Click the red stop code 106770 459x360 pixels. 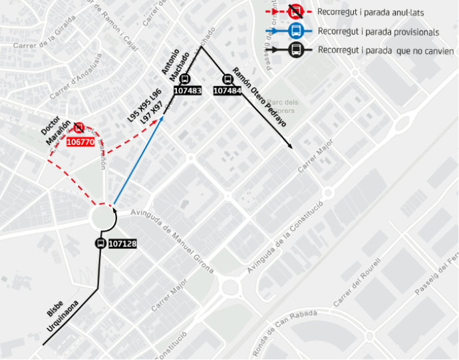coord(80,142)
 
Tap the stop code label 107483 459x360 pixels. coord(187,90)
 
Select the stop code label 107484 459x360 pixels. coord(228,90)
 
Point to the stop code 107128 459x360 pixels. coord(122,244)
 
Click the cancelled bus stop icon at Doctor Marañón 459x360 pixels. coord(79,128)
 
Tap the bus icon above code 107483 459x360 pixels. coord(185,79)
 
